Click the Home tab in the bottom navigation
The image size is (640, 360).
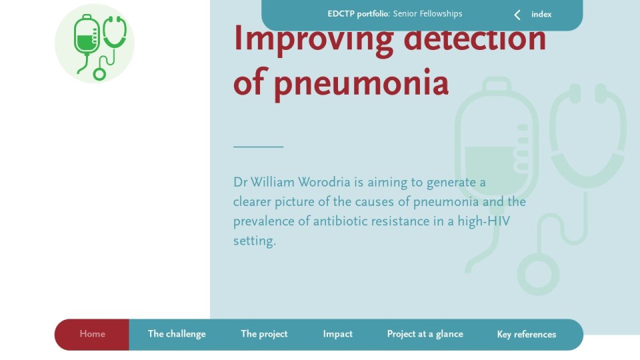pos(92,334)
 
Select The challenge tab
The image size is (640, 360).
pos(177,334)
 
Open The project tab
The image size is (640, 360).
pos(264,334)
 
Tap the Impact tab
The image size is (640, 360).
pos(337,334)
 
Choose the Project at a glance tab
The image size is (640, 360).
pos(425,334)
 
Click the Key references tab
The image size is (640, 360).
pos(527,335)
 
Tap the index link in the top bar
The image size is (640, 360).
pos(541,15)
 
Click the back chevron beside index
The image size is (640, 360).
pos(517,15)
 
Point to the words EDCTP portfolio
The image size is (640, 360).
pos(358,14)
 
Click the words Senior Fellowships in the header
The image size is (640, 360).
pos(427,14)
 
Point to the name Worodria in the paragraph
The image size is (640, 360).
pos(324,182)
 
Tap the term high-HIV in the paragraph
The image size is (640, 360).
pos(484,221)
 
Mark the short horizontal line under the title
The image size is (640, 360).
pos(259,146)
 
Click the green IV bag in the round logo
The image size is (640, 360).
pos(86,35)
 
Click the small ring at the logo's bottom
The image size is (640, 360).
pos(99,74)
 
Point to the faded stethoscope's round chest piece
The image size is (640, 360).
pos(538,274)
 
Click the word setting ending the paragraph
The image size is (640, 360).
pos(254,241)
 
